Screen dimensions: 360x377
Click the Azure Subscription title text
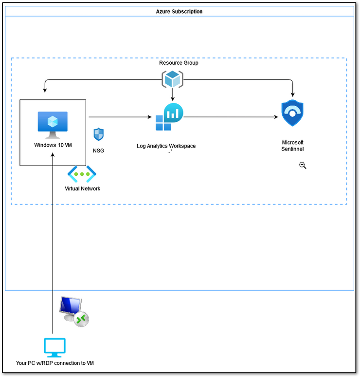pyautogui.click(x=179, y=12)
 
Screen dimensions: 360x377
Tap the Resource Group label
pyautogui.click(x=179, y=63)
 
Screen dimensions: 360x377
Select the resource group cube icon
pyautogui.click(x=172, y=79)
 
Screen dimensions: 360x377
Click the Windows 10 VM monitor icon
pyautogui.click(x=53, y=125)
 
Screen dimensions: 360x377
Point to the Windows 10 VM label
pyautogui.click(x=53, y=145)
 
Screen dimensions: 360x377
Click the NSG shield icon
pyautogui.click(x=98, y=134)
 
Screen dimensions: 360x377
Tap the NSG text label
pyautogui.click(x=98, y=151)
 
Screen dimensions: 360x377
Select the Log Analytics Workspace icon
pyautogui.click(x=169, y=117)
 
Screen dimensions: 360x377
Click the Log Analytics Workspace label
pyautogui.click(x=166, y=146)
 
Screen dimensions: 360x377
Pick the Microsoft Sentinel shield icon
pyautogui.click(x=292, y=113)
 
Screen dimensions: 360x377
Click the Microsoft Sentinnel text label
pyautogui.click(x=292, y=146)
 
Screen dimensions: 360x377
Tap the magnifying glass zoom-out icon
pyautogui.click(x=303, y=166)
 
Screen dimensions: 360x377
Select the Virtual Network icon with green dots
pyautogui.click(x=82, y=174)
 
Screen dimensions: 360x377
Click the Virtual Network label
pyautogui.click(x=82, y=188)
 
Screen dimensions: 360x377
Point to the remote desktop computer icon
pyautogui.click(x=74, y=312)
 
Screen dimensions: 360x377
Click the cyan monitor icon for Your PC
pyautogui.click(x=55, y=348)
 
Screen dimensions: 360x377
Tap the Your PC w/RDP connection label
pyautogui.click(x=55, y=363)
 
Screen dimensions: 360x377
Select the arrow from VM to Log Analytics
pyautogui.click(x=120, y=117)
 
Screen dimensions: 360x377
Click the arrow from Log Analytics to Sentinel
pyautogui.click(x=231, y=117)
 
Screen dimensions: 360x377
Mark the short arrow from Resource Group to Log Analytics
pyautogui.click(x=172, y=94)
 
